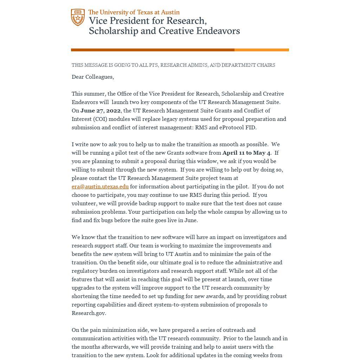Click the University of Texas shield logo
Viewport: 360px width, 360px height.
coord(78,18)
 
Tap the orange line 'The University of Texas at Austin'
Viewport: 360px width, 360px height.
coord(134,12)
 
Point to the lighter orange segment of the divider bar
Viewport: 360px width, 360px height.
coord(262,50)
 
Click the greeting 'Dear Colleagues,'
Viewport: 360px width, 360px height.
coord(93,77)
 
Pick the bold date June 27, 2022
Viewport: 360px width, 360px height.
coord(100,111)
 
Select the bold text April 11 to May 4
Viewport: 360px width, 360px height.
coord(246,153)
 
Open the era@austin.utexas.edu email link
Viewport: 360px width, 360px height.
coord(100,187)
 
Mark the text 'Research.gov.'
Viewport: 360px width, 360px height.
coord(89,313)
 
